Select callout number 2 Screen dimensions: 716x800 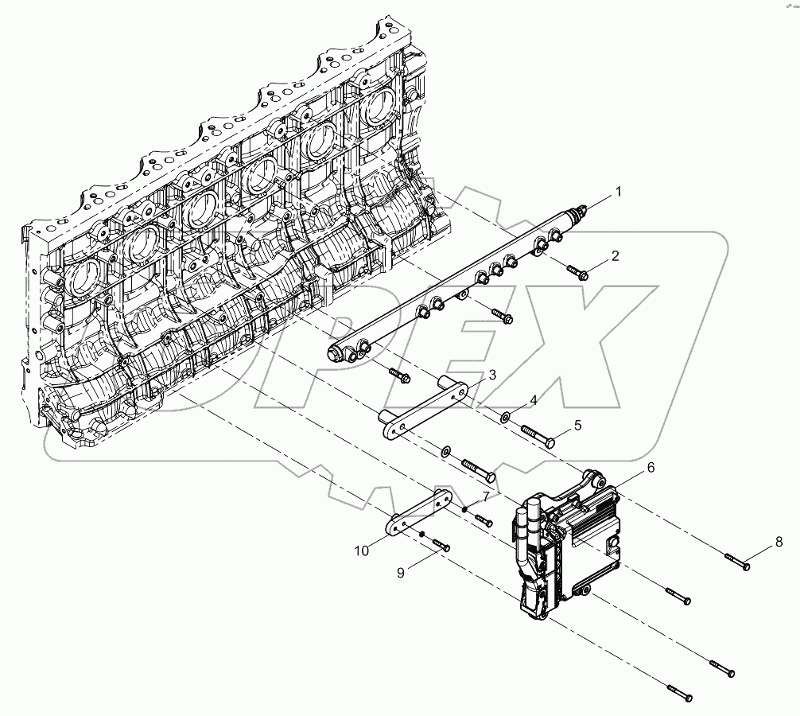[614, 256]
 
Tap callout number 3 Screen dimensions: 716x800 [492, 375]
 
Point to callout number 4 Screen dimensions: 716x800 [534, 402]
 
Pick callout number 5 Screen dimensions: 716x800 [577, 426]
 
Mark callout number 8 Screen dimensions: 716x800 [779, 543]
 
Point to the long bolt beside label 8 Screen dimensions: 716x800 [738, 563]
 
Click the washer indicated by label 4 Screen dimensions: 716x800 [507, 415]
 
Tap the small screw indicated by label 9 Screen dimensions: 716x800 [441, 546]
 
